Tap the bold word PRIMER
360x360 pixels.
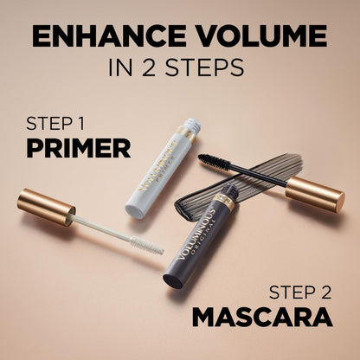tap(79, 147)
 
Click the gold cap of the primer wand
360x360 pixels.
tap(47, 207)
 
